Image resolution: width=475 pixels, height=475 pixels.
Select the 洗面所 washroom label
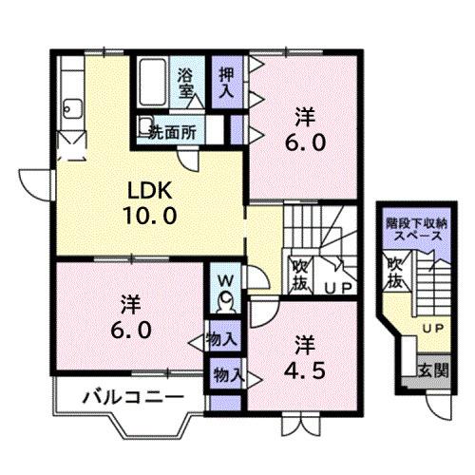click(x=173, y=132)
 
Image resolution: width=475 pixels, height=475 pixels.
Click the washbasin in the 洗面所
click(x=143, y=127)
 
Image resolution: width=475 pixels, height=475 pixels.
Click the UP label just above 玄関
click(x=432, y=328)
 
